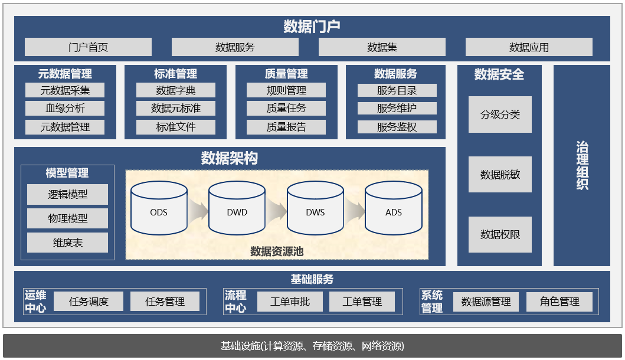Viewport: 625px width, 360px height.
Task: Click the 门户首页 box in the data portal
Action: (x=88, y=47)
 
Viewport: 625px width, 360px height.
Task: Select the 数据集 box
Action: (x=382, y=47)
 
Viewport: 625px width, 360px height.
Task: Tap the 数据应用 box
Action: (x=529, y=47)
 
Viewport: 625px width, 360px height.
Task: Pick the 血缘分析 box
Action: (x=65, y=109)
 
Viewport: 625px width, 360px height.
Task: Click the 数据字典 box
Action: (x=176, y=90)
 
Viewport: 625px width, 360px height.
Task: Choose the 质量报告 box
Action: (x=286, y=127)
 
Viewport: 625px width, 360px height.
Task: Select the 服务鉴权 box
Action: (x=397, y=127)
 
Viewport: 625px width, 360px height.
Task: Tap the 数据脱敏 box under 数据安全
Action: (x=500, y=175)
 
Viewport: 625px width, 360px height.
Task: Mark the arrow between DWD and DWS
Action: (x=276, y=210)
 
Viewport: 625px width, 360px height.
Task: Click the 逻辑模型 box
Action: (x=68, y=194)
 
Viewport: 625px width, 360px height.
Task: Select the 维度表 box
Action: (x=68, y=243)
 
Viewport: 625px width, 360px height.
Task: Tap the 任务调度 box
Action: (x=89, y=302)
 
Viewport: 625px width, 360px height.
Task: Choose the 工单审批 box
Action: (x=290, y=302)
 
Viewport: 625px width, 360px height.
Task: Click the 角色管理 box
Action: (x=559, y=302)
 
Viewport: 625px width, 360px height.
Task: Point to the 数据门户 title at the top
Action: (x=312, y=27)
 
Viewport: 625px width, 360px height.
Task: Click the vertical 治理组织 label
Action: (x=582, y=166)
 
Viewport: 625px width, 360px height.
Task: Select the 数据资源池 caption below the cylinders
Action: (x=277, y=251)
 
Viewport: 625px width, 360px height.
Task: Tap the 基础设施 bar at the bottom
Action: (x=312, y=346)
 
